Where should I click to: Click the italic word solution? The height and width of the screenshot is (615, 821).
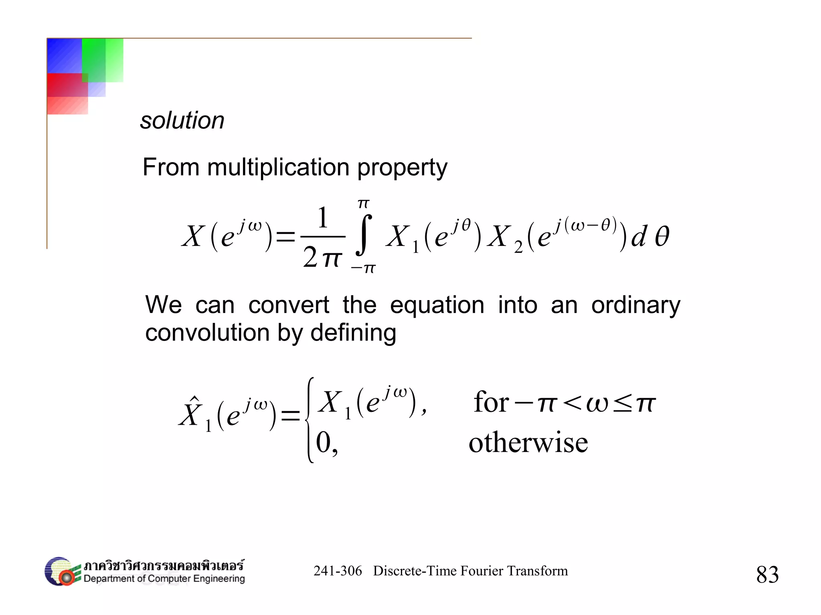[182, 121]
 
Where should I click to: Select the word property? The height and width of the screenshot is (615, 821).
[402, 168]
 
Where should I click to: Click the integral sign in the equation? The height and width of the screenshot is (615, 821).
[363, 235]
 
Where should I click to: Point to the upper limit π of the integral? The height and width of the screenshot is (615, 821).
[363, 204]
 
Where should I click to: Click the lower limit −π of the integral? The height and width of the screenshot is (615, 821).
[363, 268]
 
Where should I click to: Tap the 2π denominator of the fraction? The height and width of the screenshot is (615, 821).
[322, 257]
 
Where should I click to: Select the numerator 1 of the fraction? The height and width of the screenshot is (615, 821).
[323, 218]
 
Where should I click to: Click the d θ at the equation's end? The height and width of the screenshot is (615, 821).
[650, 236]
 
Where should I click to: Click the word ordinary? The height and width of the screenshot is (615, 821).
[636, 305]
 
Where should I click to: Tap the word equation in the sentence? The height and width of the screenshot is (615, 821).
[437, 305]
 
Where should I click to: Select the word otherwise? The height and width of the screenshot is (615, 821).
[528, 443]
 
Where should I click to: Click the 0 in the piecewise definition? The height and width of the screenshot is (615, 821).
[323, 443]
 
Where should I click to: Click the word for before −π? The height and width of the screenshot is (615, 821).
[491, 402]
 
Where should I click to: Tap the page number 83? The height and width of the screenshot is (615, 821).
[767, 575]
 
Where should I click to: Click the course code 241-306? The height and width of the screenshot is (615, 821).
[338, 571]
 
